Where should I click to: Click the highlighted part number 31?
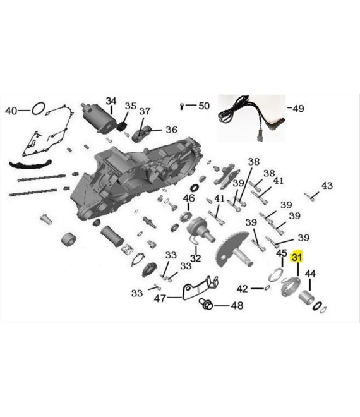coord(297,257)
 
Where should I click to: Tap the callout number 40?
coord(11,111)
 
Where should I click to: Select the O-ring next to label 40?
coord(39,109)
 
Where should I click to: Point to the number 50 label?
coord(204,106)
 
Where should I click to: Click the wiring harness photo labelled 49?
coord(251,118)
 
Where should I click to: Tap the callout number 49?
coord(298,109)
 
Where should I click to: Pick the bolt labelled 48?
coord(206,303)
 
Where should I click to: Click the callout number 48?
coord(237,306)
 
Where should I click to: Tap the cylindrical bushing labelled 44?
coord(306,298)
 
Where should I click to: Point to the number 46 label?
coord(189,198)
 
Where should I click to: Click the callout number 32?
coord(195,258)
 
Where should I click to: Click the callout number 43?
coord(327,185)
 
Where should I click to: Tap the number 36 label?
coord(172,130)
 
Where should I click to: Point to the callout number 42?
coord(243,289)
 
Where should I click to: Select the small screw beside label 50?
coord(182,106)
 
